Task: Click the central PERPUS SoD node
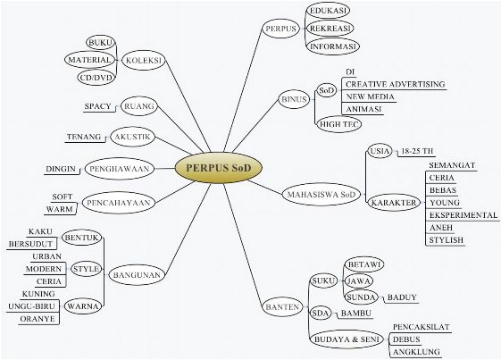[x=219, y=168]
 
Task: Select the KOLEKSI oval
[x=144, y=60]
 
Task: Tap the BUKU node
[x=101, y=43]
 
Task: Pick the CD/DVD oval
[x=96, y=78]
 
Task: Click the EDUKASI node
[x=328, y=11]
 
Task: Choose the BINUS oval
[x=295, y=99]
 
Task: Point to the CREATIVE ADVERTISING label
[x=396, y=84]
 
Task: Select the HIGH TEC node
[x=339, y=124]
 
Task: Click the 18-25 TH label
[x=417, y=151]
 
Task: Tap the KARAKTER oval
[x=394, y=203]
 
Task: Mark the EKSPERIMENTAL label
[x=463, y=215]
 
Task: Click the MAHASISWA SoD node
[x=321, y=195]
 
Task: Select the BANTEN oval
[x=282, y=307]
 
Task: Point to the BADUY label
[x=402, y=297]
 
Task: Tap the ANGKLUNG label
[x=416, y=352]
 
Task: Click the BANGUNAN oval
[x=137, y=274]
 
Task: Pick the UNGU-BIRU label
[x=31, y=306]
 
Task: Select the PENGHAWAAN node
[x=120, y=169]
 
